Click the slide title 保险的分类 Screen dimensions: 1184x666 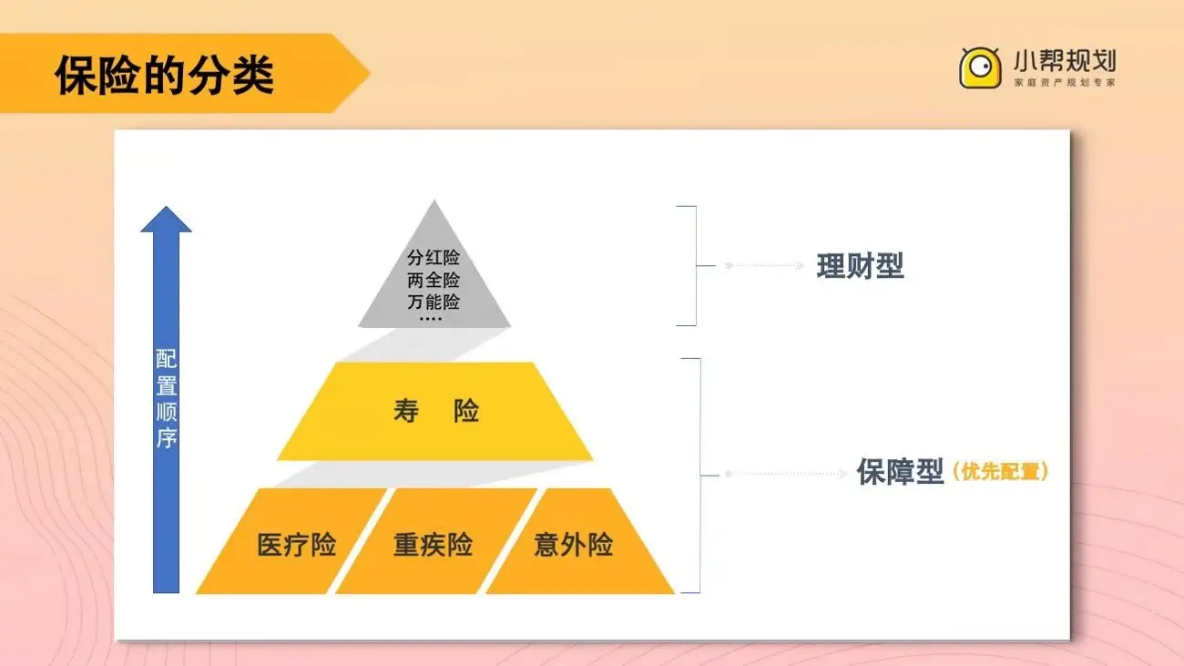point(164,75)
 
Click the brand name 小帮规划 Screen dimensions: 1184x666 point(1064,62)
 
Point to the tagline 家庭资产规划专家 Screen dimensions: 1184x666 point(1064,83)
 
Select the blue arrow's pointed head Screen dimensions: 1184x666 point(166,220)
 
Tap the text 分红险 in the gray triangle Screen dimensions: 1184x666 point(434,258)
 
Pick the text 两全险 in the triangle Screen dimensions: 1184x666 point(434,280)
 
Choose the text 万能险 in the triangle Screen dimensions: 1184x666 point(434,302)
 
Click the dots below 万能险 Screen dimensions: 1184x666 point(430,318)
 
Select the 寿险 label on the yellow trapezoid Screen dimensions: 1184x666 point(435,412)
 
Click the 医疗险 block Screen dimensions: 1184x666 point(296,545)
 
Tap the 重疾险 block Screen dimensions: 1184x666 point(433,545)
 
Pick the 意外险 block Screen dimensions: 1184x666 point(573,545)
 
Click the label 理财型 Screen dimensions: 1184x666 point(860,266)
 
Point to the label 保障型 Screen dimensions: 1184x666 point(900,472)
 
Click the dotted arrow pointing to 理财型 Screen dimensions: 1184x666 point(765,266)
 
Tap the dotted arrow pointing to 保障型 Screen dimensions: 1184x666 point(788,474)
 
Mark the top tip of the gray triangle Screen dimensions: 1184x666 point(434,202)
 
